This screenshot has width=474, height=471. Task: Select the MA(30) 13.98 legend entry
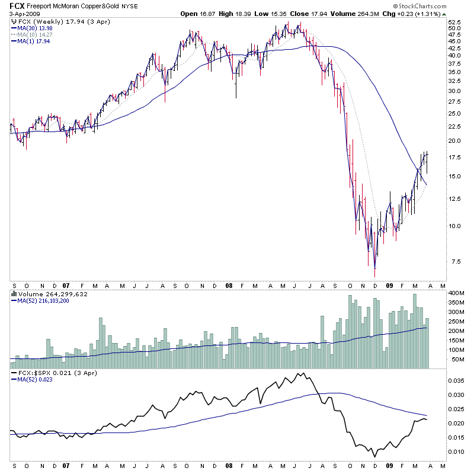(29, 28)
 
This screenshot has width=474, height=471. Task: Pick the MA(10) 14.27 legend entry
(29, 34)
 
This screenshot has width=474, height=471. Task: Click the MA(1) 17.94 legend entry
(28, 41)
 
